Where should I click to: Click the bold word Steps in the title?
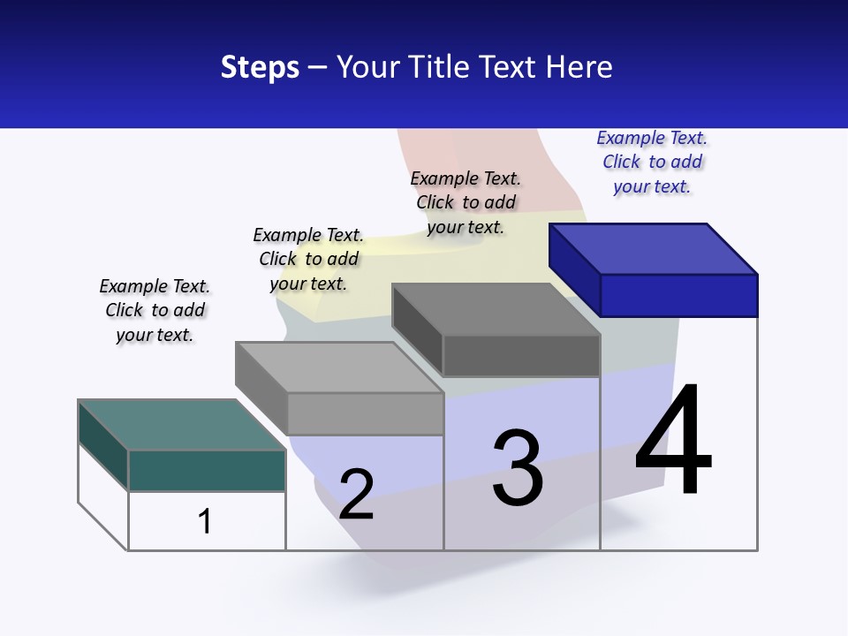coord(260,67)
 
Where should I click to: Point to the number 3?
coord(518,468)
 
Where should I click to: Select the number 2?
coord(356,494)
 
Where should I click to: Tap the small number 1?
coord(205,521)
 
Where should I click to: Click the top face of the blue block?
coord(654,248)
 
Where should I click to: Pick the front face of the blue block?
coord(678,295)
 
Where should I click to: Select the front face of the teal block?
coord(207,470)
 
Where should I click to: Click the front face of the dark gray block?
coord(521,356)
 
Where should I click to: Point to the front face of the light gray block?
coord(364,413)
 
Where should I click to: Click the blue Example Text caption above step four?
coord(652,163)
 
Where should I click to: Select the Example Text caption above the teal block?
coord(155,311)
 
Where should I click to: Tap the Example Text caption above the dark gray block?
coord(466,202)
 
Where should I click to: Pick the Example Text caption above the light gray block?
coord(308,259)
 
